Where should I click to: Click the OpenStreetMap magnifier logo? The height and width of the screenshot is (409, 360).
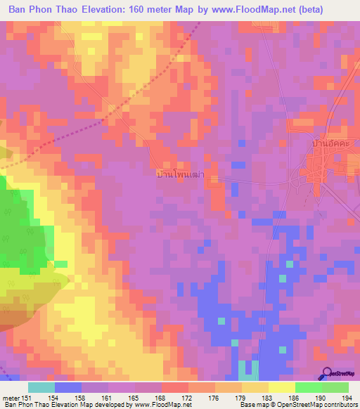pos(326,374)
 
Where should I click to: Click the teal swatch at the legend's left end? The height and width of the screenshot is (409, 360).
pos(41,387)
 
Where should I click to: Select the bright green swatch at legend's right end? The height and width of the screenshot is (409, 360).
pos(335,387)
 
